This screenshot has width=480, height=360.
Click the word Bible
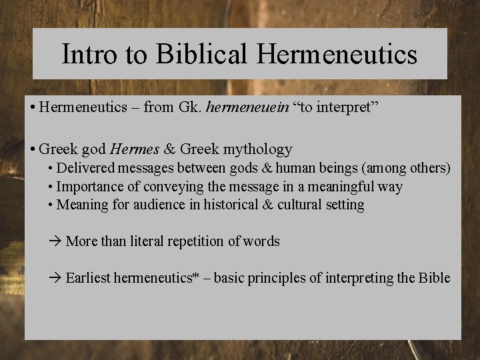pyautogui.click(x=434, y=278)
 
